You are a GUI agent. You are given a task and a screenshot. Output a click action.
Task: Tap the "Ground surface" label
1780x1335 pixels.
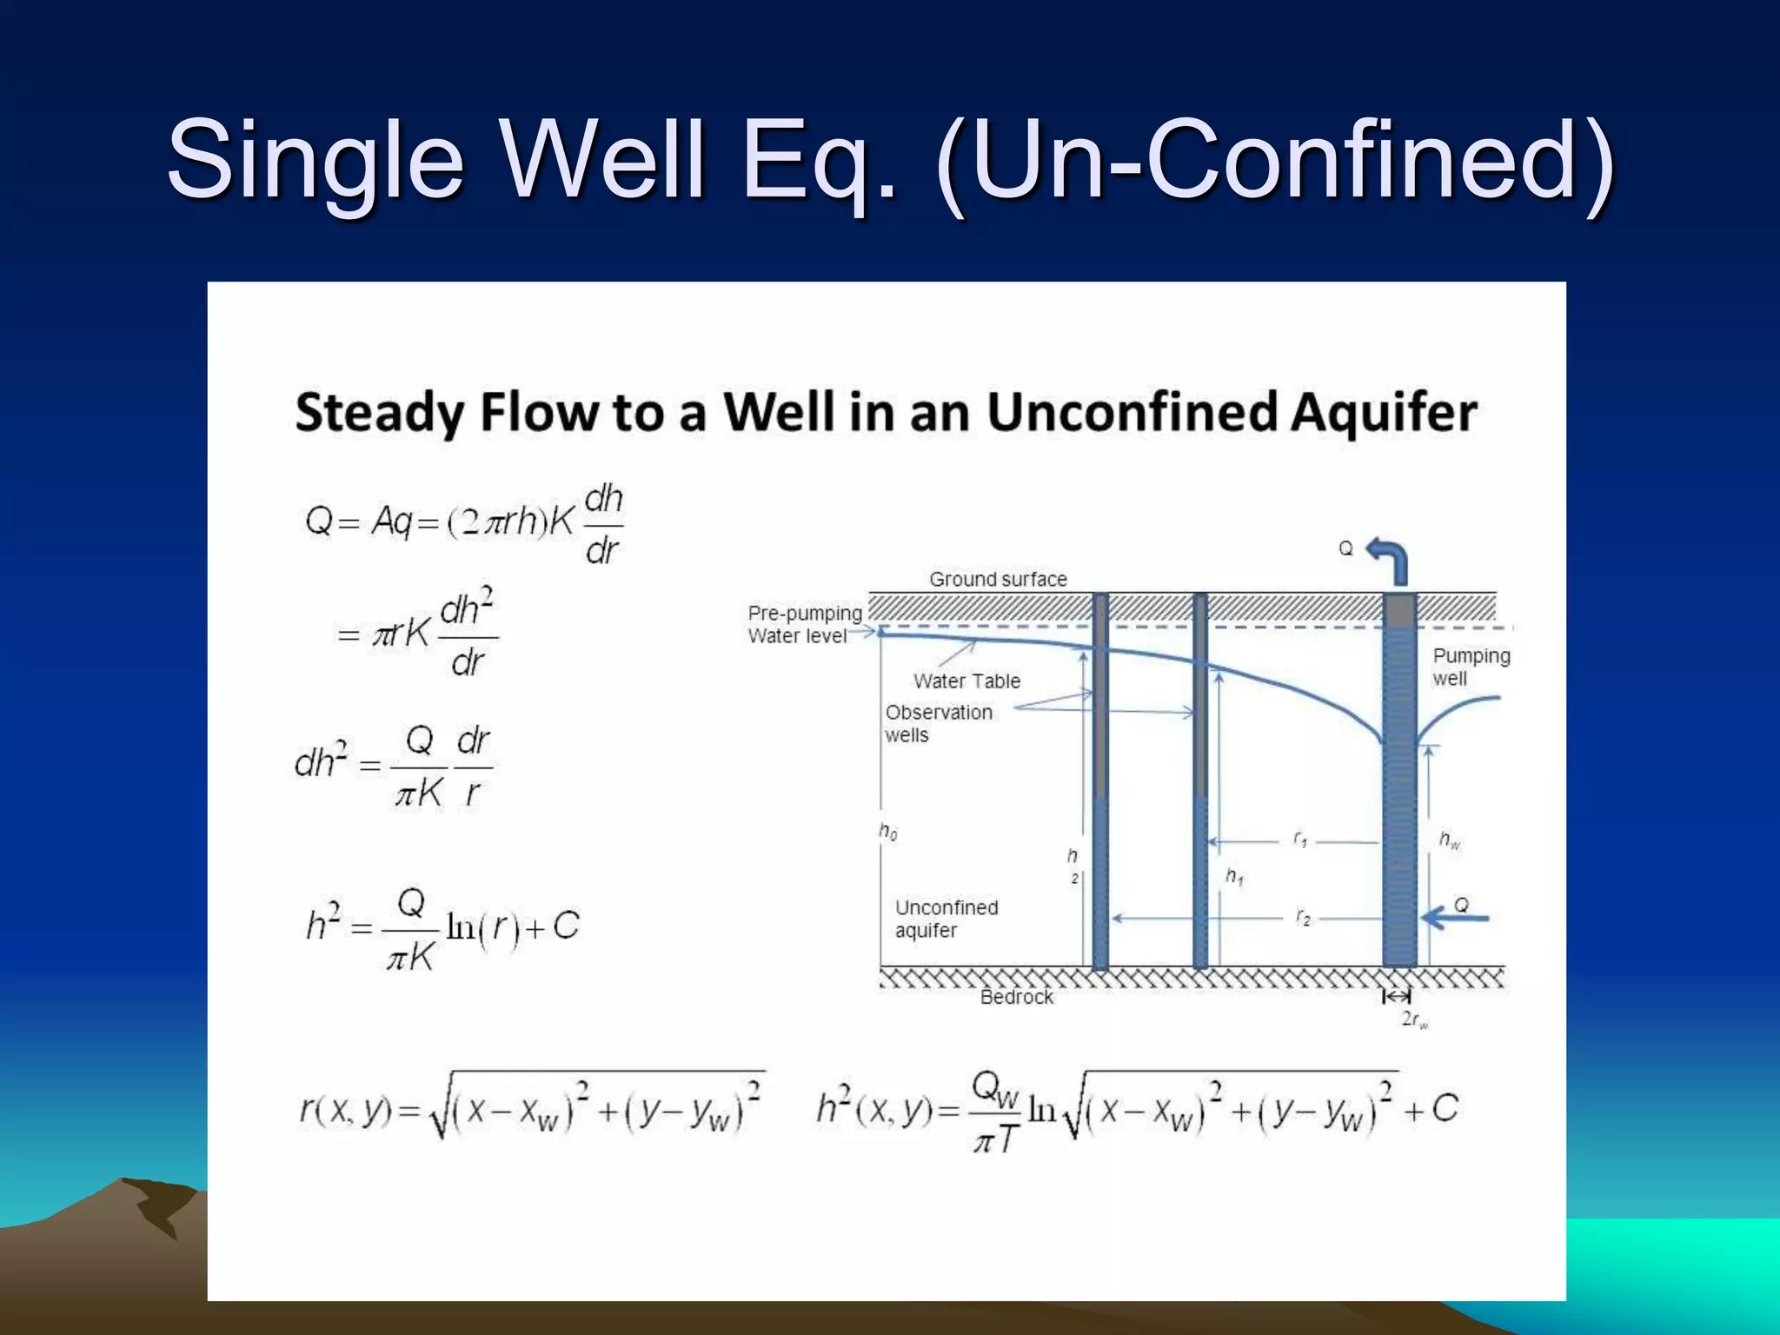(x=998, y=579)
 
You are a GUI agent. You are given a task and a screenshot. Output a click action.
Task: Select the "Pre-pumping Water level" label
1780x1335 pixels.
(x=804, y=624)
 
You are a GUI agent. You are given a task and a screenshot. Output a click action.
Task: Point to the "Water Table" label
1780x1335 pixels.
(x=966, y=681)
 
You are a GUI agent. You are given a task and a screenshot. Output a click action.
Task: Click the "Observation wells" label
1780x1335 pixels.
(x=938, y=723)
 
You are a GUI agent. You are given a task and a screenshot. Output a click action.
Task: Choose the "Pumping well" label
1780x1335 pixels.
(x=1471, y=667)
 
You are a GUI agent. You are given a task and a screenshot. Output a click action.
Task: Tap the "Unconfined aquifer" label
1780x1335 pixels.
(x=946, y=919)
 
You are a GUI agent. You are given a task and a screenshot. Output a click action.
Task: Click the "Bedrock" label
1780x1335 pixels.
(x=1016, y=997)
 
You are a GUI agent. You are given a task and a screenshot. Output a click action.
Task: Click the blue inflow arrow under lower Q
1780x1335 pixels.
(x=1455, y=918)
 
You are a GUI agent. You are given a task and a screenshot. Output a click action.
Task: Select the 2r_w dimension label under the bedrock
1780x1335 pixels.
(x=1414, y=1020)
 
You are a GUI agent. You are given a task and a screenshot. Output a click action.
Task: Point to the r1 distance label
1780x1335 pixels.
(x=1300, y=840)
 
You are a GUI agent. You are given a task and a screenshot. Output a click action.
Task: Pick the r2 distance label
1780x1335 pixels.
(x=1303, y=917)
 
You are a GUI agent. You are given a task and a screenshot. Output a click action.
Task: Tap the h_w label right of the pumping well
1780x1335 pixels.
(x=1449, y=840)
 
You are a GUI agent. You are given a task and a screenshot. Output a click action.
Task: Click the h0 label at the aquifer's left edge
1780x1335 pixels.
(x=887, y=832)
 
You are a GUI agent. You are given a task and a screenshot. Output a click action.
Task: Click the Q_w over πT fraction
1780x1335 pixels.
(x=996, y=1112)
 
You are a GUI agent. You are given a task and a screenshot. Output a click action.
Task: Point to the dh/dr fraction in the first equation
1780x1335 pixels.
(x=603, y=524)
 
